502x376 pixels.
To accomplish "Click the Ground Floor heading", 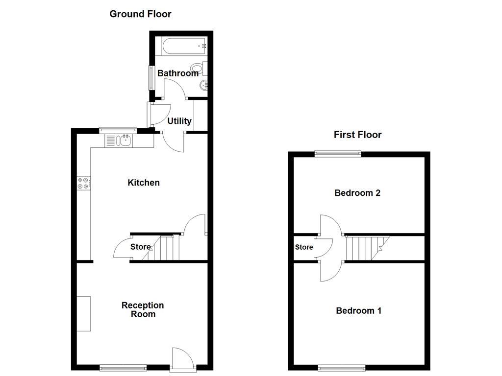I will [x=140, y=14].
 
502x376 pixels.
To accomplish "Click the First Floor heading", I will [x=357, y=135].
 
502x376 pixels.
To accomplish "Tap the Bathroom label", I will [x=177, y=73].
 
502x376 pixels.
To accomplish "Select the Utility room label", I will [x=179, y=121].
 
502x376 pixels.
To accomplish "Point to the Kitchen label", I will [x=144, y=183].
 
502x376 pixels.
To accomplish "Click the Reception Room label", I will [x=143, y=310].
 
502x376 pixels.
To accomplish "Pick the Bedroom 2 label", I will [x=357, y=193].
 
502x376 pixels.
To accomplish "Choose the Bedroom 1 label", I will [x=358, y=310].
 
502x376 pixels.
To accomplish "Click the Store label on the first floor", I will [x=304, y=247].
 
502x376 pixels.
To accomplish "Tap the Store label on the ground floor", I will [x=141, y=247].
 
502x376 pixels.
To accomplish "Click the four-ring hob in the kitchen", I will [x=83, y=183].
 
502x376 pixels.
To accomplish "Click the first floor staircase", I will [x=367, y=248].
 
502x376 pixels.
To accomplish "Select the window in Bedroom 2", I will [x=337, y=154].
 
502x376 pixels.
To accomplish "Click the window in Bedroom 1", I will [x=342, y=368].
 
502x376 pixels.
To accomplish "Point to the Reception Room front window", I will [x=123, y=368].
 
